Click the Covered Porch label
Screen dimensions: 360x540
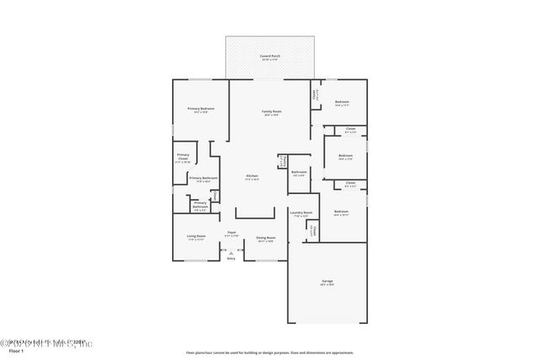click(270, 56)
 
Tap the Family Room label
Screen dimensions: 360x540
click(271, 112)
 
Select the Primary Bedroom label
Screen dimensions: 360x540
click(200, 110)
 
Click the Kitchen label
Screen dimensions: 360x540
click(251, 176)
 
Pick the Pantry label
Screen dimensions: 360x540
click(284, 161)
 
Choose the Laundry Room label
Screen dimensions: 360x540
click(302, 213)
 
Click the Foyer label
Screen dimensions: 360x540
click(230, 233)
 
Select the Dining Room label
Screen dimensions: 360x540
click(266, 238)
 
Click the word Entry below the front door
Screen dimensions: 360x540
click(231, 259)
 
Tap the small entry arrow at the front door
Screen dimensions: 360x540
click(231, 252)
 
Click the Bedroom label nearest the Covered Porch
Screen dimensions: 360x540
click(341, 103)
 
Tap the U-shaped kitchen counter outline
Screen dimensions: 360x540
click(255, 213)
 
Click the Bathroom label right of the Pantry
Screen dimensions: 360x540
click(299, 173)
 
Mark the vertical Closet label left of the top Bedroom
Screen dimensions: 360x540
click(315, 95)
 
